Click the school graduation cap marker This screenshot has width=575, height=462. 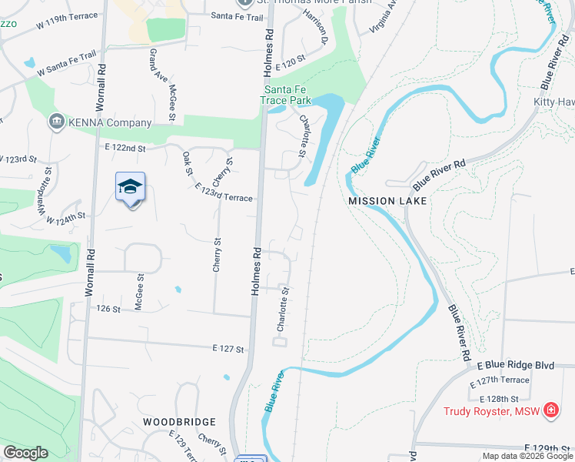[130, 187]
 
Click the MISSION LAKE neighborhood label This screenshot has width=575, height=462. [387, 200]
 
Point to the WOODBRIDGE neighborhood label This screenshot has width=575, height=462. [179, 422]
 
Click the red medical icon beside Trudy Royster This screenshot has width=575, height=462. [550, 410]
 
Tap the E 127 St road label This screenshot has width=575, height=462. [228, 349]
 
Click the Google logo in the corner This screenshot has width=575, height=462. [25, 453]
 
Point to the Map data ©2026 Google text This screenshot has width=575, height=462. [527, 456]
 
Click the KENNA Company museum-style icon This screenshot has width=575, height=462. [55, 122]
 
